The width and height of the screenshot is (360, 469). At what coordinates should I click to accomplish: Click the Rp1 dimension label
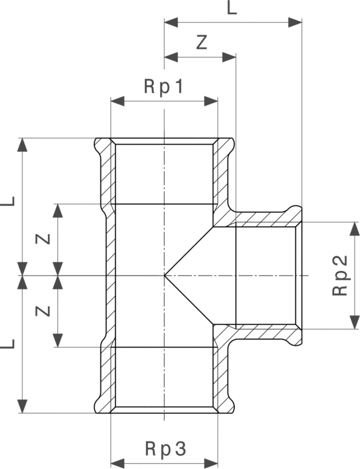click(x=164, y=87)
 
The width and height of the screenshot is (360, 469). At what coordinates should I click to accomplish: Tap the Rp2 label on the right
click(x=341, y=276)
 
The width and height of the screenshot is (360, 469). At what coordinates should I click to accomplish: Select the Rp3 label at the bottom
click(x=165, y=448)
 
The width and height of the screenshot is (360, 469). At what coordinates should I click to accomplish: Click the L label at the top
click(x=232, y=8)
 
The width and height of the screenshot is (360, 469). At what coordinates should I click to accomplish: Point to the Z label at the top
click(x=202, y=42)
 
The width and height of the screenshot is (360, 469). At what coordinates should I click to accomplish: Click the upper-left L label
click(x=8, y=200)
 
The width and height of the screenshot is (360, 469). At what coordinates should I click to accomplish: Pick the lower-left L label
click(x=8, y=344)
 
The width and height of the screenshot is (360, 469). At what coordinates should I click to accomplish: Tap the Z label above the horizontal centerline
click(x=43, y=239)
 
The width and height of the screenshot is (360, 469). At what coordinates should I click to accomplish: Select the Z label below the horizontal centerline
click(x=43, y=311)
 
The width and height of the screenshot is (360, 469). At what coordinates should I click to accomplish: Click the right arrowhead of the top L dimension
click(x=295, y=22)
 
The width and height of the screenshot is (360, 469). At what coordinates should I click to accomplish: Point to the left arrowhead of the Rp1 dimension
click(x=117, y=101)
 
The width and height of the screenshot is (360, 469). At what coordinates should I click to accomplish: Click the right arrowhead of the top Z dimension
click(x=229, y=57)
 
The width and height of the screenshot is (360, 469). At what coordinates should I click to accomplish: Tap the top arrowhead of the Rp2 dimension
click(x=355, y=229)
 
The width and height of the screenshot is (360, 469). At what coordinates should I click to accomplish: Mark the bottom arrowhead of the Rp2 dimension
click(x=355, y=322)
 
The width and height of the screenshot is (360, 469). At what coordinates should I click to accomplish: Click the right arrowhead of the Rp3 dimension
click(x=211, y=463)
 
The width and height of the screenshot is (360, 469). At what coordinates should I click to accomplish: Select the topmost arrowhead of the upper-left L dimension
click(x=22, y=145)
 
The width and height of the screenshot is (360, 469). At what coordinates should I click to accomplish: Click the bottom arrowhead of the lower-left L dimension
click(x=22, y=406)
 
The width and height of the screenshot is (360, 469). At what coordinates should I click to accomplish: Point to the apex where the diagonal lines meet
click(x=164, y=275)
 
